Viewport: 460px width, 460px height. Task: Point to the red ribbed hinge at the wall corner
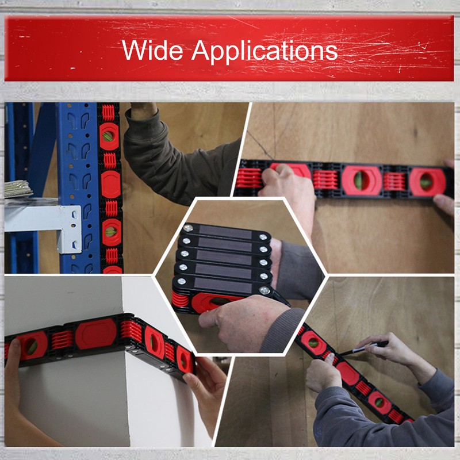(x=130, y=333)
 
